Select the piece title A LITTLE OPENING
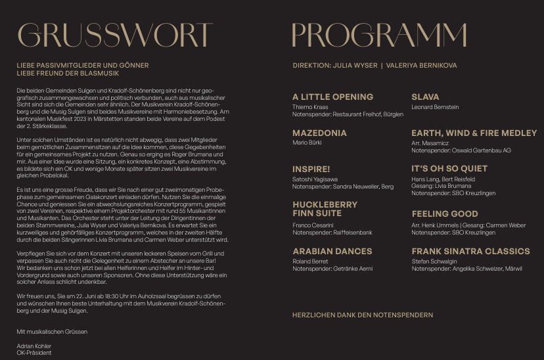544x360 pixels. (332, 97)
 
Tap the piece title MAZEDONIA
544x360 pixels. (319, 133)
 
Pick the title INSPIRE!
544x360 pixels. (311, 169)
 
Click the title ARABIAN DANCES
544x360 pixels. (332, 251)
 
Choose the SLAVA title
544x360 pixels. (425, 97)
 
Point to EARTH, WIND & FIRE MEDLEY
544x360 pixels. (474, 133)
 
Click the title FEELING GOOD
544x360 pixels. (445, 214)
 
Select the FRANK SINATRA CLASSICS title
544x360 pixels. (470, 251)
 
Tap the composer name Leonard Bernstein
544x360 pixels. (435, 107)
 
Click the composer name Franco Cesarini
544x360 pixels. (313, 225)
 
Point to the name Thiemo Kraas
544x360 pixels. (310, 107)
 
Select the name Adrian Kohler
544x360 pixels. (34, 346)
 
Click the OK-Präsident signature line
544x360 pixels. (34, 353)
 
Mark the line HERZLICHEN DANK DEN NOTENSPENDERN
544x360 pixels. (363, 315)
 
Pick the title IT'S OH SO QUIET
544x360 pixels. (449, 169)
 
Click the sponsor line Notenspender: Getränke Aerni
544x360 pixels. (332, 269)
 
